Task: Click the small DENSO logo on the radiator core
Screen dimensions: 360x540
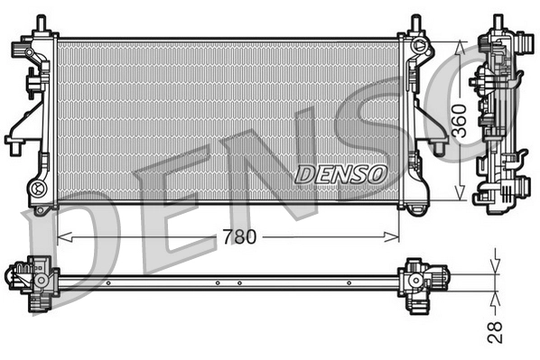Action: click(341, 171)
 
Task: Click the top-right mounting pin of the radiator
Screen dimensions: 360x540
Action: click(415, 23)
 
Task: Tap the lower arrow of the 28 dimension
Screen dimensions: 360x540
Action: click(495, 293)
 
